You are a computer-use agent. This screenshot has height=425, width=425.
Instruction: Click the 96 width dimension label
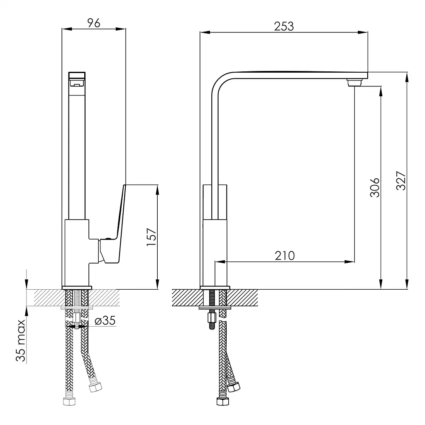(x=94, y=23)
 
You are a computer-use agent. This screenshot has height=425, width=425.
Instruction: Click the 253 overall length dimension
(x=284, y=26)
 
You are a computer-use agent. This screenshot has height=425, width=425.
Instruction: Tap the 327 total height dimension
(x=401, y=181)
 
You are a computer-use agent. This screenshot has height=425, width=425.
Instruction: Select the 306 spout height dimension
(x=375, y=187)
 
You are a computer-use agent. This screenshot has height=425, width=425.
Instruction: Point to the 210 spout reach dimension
(x=285, y=256)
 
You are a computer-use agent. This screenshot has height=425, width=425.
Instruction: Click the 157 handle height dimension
(x=151, y=237)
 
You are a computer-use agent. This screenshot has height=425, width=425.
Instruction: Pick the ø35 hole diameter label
(x=105, y=321)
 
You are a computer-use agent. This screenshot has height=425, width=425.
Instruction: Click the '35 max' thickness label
(x=21, y=340)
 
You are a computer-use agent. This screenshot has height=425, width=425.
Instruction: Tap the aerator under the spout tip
(x=354, y=82)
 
